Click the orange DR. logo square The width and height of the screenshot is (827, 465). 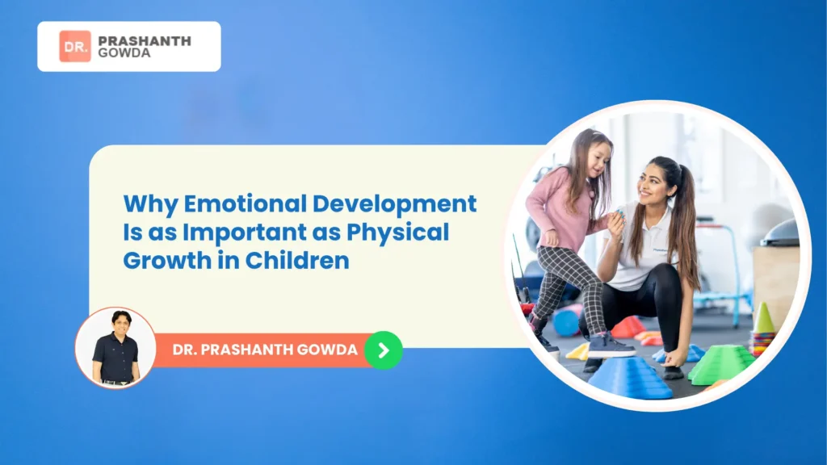75,46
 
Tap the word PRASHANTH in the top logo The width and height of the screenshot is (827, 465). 144,40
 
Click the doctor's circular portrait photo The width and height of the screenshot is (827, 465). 115,347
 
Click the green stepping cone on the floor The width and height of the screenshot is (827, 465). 720,364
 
